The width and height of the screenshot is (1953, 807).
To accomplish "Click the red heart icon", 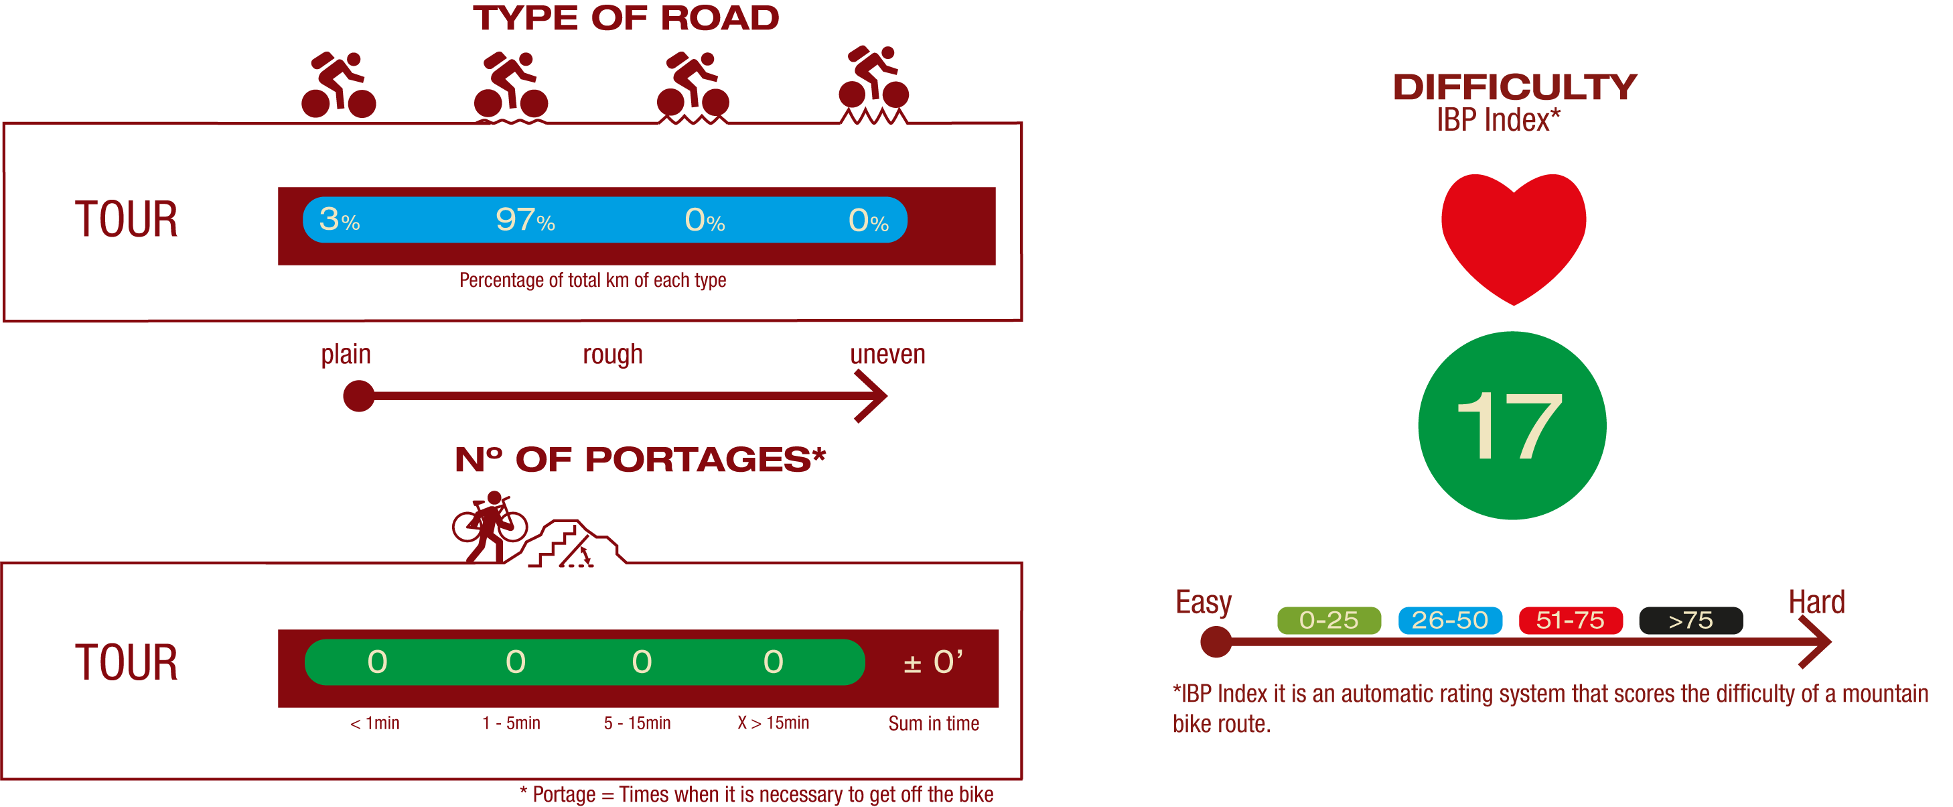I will [1513, 235].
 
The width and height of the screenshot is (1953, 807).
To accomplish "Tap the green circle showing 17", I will [1512, 426].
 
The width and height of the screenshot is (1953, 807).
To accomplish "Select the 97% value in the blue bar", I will [524, 220].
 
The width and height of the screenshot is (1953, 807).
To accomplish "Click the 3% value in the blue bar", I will [339, 220].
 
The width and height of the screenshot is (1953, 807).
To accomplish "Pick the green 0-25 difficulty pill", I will [1328, 621].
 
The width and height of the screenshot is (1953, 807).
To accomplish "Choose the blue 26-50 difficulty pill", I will [1449, 621].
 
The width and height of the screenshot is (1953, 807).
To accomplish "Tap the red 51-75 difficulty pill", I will [1570, 621].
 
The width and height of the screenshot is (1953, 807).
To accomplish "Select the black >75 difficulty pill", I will [1690, 621].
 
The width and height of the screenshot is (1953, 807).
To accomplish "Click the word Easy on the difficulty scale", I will [1203, 602].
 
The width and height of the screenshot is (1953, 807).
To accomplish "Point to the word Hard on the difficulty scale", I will [1816, 602].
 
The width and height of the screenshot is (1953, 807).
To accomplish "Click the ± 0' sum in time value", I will [933, 662].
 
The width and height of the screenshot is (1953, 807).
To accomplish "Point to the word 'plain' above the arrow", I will [346, 354].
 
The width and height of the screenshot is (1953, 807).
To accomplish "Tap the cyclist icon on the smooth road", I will [338, 85].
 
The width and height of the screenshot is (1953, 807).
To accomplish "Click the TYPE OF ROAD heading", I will [626, 18].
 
